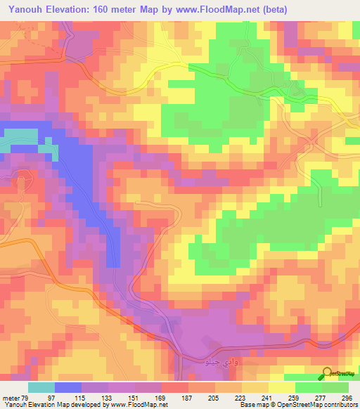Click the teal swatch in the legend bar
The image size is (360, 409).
[41, 388]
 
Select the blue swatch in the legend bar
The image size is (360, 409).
[68, 388]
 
